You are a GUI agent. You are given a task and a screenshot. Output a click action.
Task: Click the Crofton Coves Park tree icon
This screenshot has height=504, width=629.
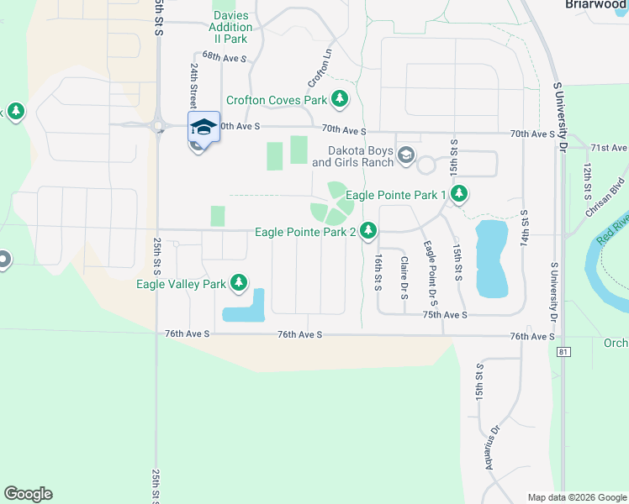(340, 100)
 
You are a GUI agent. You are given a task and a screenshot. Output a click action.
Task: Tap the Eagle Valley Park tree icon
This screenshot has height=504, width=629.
(240, 283)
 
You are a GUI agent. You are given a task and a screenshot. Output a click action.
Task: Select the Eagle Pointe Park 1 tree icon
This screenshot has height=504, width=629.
(458, 195)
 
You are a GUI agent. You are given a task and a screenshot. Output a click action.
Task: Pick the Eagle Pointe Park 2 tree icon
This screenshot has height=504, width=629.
(368, 230)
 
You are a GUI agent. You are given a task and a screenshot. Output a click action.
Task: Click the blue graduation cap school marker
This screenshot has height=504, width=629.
(203, 127)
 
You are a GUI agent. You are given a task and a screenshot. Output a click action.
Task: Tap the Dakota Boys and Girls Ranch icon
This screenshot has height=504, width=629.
(406, 155)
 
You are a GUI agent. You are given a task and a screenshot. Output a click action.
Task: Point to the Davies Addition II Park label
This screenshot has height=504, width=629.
(230, 27)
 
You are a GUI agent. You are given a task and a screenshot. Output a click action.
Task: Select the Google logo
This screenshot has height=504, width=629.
(28, 494)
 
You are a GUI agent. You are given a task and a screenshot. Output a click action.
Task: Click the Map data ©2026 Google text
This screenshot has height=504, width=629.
(576, 497)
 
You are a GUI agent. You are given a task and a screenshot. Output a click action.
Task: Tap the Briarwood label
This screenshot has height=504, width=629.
(594, 4)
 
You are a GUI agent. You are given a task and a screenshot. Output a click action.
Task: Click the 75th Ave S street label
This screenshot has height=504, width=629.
(444, 314)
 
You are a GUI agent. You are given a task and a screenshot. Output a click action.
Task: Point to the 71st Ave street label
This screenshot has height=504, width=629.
(609, 148)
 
